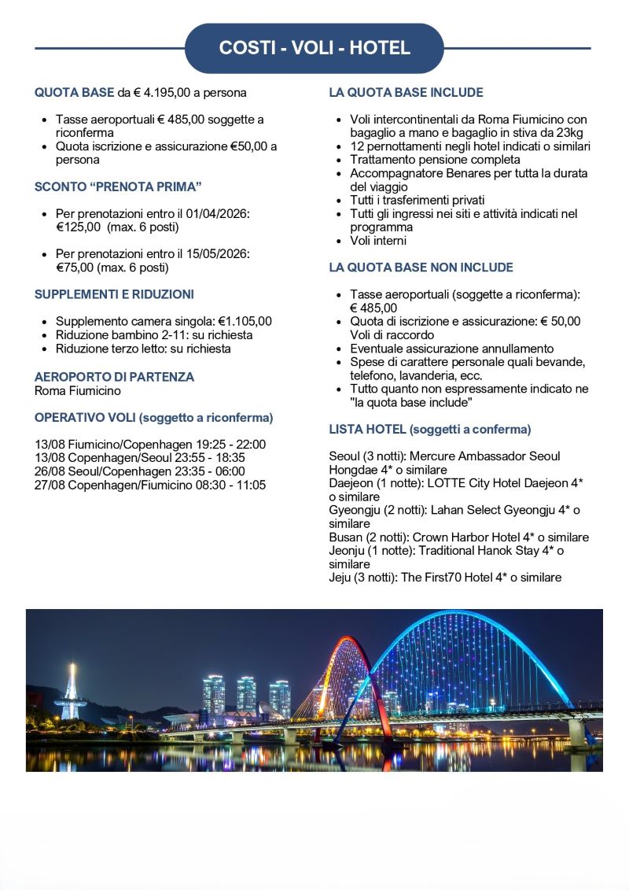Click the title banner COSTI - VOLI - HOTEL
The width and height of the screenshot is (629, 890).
tap(314, 48)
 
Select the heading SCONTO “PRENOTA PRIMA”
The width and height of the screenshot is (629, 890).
tap(118, 186)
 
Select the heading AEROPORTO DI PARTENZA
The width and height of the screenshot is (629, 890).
tap(114, 377)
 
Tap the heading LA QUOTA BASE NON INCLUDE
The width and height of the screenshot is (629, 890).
tap(421, 268)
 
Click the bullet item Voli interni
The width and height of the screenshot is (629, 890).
tap(378, 241)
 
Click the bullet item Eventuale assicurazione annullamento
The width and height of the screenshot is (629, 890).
tap(452, 349)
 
